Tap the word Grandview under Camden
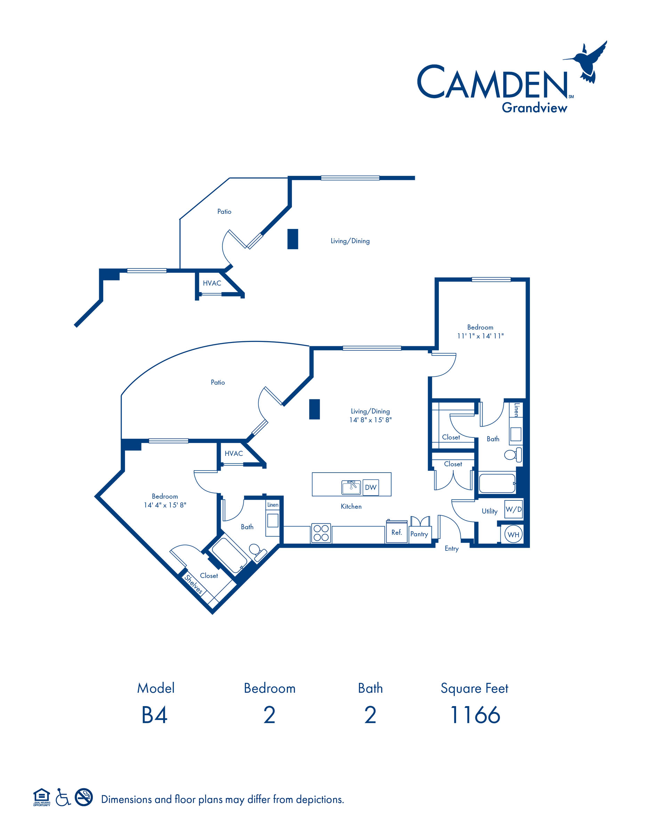pyautogui.click(x=534, y=108)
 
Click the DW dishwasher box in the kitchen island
pyautogui.click(x=371, y=487)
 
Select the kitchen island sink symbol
pyautogui.click(x=351, y=487)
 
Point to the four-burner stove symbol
pyautogui.click(x=321, y=533)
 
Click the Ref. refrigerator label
pyautogui.click(x=397, y=532)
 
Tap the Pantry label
pyautogui.click(x=419, y=534)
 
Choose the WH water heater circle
pyautogui.click(x=514, y=534)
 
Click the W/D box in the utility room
pyautogui.click(x=514, y=509)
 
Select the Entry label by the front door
pyautogui.click(x=452, y=549)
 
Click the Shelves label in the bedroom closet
pyautogui.click(x=193, y=584)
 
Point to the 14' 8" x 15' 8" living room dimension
pyautogui.click(x=370, y=420)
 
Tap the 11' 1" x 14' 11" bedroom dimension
pyautogui.click(x=480, y=336)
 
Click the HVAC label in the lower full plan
pyautogui.click(x=233, y=453)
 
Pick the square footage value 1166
pyautogui.click(x=475, y=715)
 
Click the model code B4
pyautogui.click(x=154, y=715)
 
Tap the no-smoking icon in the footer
pyautogui.click(x=84, y=797)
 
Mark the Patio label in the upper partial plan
pyautogui.click(x=224, y=212)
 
